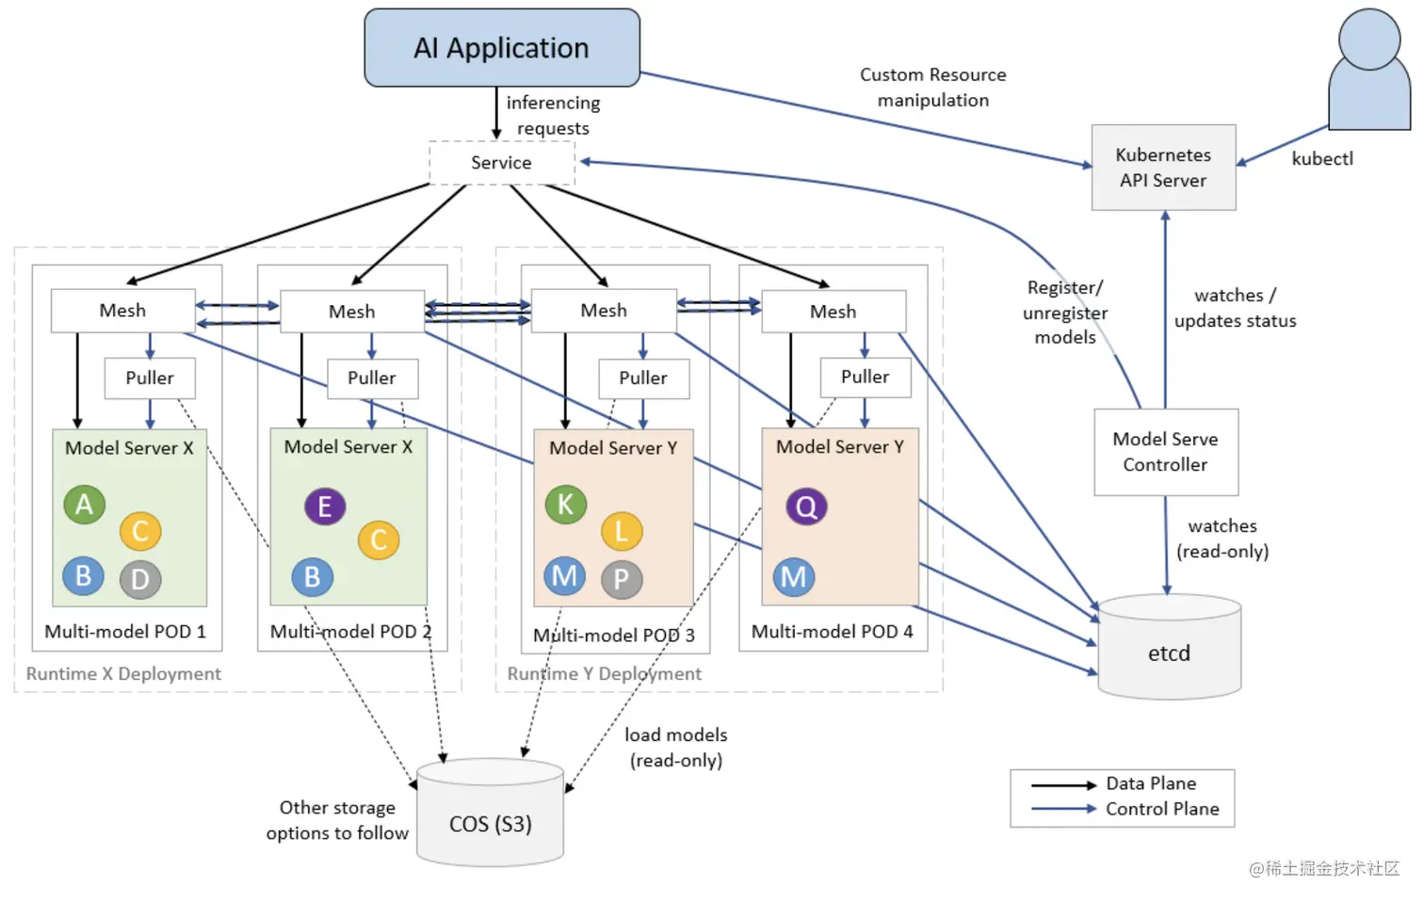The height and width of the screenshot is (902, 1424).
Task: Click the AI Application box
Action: tap(502, 48)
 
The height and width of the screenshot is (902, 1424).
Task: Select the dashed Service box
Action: tap(501, 163)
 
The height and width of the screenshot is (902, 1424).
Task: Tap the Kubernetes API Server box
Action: tap(1163, 168)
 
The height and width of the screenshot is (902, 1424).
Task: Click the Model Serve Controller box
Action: tap(1165, 452)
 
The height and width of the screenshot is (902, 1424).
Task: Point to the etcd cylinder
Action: tap(1169, 649)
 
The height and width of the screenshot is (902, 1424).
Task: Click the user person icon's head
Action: tap(1368, 39)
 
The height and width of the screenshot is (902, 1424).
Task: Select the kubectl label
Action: tap(1321, 159)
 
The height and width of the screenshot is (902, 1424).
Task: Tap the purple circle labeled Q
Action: tap(806, 507)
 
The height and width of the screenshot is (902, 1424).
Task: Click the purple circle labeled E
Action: tap(325, 507)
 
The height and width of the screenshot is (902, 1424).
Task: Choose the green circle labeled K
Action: tap(565, 505)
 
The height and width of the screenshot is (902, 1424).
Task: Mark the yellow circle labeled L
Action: tap(622, 531)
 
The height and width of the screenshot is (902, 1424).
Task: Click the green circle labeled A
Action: tap(84, 505)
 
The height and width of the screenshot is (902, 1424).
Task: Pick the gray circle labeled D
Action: tap(140, 579)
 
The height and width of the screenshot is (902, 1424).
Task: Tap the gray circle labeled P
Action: tap(622, 579)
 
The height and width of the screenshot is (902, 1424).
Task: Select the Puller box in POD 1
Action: tap(150, 378)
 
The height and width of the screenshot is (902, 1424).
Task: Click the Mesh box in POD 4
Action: tap(833, 311)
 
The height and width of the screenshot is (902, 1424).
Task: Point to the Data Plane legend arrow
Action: tap(1063, 784)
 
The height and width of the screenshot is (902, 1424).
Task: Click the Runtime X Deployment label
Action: tap(123, 674)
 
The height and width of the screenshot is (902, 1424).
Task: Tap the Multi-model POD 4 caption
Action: tap(832, 632)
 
